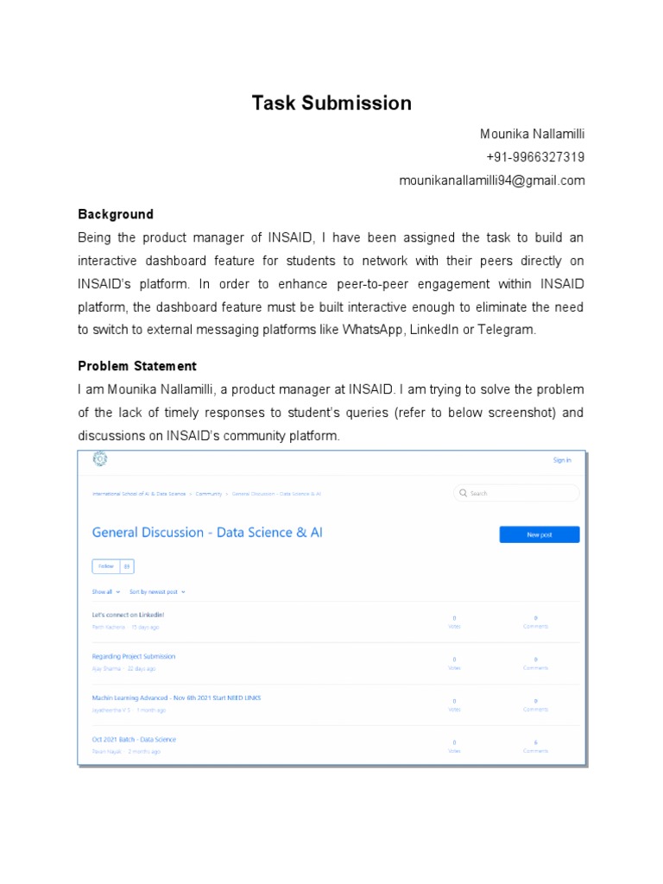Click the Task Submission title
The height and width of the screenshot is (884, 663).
(331, 104)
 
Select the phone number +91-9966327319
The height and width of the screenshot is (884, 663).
(535, 157)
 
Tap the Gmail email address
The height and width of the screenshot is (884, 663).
(491, 180)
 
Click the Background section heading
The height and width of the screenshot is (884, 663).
(116, 214)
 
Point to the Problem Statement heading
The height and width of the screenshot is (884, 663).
(137, 366)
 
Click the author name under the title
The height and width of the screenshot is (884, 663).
(532, 134)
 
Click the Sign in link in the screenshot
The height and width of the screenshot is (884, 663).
(561, 460)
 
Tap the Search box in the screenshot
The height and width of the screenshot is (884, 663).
(516, 493)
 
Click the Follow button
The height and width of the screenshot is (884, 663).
(105, 566)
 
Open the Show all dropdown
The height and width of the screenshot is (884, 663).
(105, 592)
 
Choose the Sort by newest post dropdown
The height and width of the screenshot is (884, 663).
(156, 592)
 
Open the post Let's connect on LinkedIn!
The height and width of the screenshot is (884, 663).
(128, 615)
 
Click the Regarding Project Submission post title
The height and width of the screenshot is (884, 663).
(133, 656)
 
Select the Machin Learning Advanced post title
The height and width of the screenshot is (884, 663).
(175, 698)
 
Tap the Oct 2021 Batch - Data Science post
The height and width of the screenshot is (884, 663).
(134, 740)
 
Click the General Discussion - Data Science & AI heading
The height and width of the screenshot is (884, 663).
(207, 533)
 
